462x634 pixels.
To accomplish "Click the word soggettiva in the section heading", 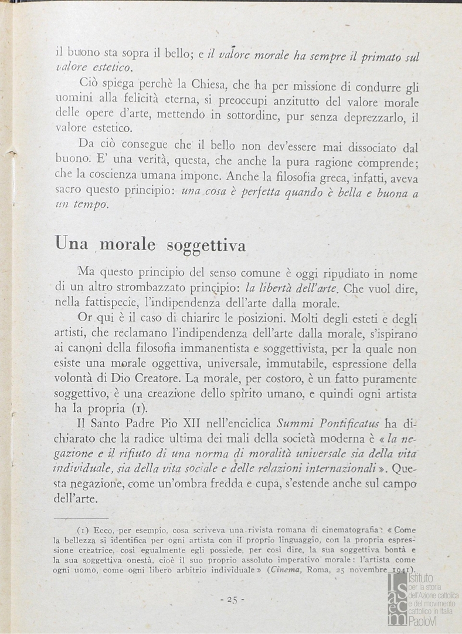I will pos(206,245).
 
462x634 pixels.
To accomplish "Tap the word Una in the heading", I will pos(71,244).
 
